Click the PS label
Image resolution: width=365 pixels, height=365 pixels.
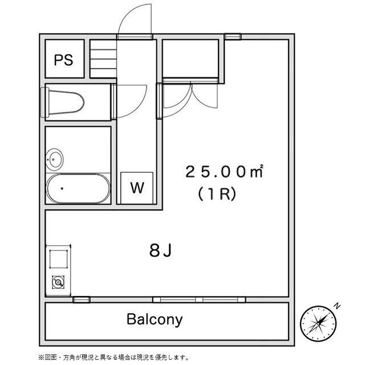click(64, 60)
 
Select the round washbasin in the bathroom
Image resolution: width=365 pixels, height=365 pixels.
click(55, 159)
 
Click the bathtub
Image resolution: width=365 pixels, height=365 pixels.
click(78, 188)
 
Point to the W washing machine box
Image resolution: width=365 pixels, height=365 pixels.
click(137, 188)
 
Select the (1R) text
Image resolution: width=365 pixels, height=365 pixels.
click(217, 193)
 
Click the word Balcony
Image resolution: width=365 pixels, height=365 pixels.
click(155, 319)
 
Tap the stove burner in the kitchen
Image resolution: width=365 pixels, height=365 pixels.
click(58, 281)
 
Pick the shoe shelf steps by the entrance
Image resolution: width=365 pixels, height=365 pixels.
click(103, 58)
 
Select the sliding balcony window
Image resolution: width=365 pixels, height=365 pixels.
click(202, 299)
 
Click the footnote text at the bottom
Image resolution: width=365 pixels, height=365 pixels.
click(114, 357)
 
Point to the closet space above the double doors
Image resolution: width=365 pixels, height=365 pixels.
click(192, 58)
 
